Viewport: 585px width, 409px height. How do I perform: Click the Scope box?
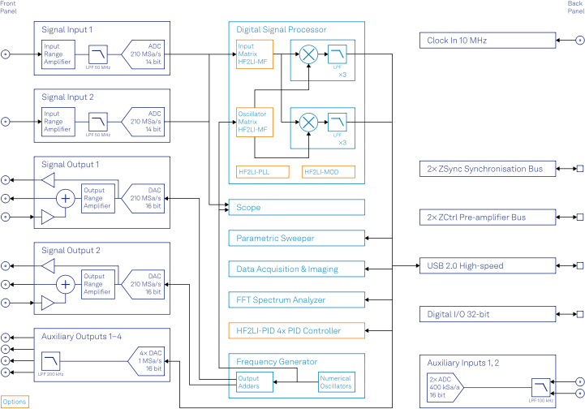296,208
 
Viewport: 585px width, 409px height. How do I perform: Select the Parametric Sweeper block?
296,239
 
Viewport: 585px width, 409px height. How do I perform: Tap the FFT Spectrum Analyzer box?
296,300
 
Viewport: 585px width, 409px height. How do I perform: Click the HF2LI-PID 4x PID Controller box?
296,330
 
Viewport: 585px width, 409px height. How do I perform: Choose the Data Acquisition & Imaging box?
296,269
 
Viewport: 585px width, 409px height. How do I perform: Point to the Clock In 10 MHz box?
488,41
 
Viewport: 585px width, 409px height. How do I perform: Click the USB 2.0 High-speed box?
488,266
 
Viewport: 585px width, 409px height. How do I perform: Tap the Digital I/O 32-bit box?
488,314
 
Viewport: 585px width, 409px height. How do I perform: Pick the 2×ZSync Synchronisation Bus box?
488,170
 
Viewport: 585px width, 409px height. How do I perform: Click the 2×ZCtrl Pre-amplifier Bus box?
488,217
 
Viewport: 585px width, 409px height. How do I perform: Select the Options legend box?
15,402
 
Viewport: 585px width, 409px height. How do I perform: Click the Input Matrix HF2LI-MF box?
254,55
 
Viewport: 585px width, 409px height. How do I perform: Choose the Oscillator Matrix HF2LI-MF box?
254,121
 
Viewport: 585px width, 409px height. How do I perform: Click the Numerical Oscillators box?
336,381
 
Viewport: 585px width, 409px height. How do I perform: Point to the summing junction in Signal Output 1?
65,198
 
